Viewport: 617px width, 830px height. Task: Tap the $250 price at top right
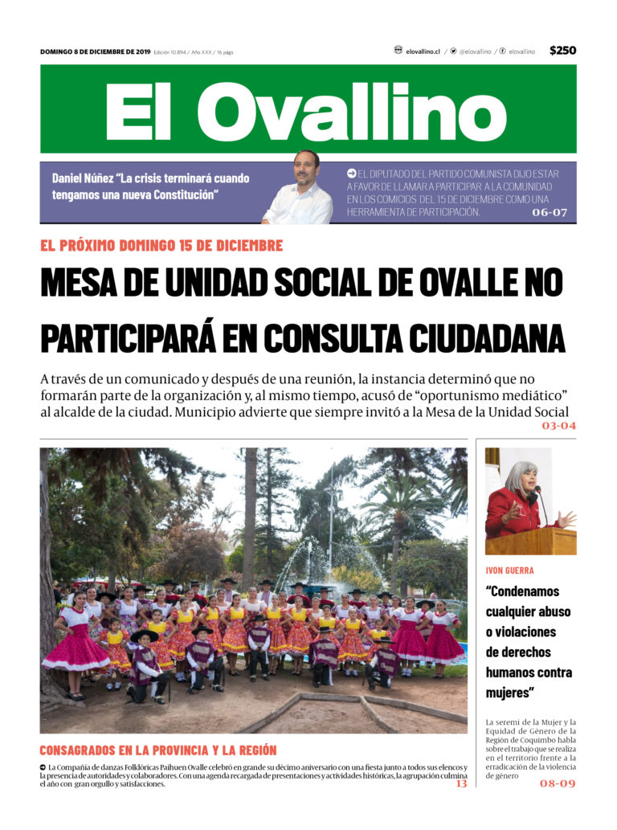coord(562,51)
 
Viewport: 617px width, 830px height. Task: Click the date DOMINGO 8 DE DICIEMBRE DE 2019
coord(94,51)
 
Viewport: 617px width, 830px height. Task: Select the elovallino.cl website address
coord(423,51)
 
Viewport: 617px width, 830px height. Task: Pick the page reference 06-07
coord(550,213)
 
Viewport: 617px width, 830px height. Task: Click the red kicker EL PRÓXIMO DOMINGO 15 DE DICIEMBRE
coord(161,245)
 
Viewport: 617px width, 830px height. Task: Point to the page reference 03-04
coord(558,425)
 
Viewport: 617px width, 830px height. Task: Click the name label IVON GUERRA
coord(509,570)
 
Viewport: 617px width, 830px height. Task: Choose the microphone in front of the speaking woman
coord(540,502)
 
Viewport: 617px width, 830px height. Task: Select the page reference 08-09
coord(558,783)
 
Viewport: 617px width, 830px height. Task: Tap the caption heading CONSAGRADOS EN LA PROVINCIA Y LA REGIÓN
coord(157,750)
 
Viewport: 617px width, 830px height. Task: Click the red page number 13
coord(461,783)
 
